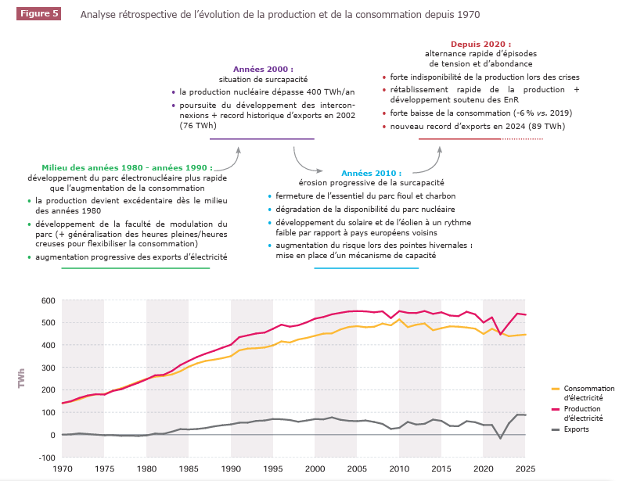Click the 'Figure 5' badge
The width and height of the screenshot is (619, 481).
pyautogui.click(x=40, y=14)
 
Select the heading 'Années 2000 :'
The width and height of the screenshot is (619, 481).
pyautogui.click(x=264, y=69)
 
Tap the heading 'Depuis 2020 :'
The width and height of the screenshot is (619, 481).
pyautogui.click(x=480, y=44)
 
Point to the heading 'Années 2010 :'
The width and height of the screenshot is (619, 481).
pyautogui.click(x=371, y=173)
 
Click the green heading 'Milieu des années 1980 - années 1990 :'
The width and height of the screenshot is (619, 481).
pyautogui.click(x=124, y=167)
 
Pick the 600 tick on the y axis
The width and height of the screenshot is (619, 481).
pyautogui.click(x=47, y=300)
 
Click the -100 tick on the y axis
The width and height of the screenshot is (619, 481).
pyautogui.click(x=45, y=458)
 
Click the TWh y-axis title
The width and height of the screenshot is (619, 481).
pyautogui.click(x=21, y=379)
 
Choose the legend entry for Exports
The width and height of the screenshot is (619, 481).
pyautogui.click(x=576, y=429)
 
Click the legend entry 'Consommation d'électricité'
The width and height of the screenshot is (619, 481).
pyautogui.click(x=588, y=392)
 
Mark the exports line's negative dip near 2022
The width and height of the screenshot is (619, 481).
pyautogui.click(x=501, y=438)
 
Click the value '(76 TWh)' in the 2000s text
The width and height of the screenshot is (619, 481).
pyautogui.click(x=197, y=125)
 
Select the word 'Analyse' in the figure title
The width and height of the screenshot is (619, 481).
pyautogui.click(x=99, y=15)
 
